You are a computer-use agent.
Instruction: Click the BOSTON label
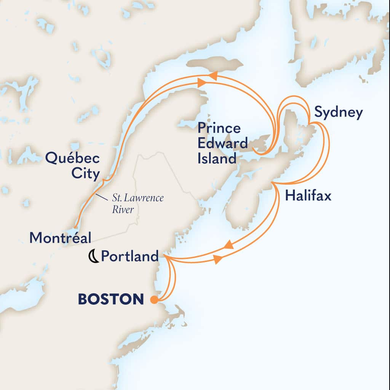[111, 299]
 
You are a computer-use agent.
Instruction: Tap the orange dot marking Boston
[154, 300]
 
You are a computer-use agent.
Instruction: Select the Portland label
[129, 256]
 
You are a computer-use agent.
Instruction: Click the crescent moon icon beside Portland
[93, 257]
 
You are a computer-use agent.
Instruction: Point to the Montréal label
[60, 238]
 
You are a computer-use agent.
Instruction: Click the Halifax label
[308, 197]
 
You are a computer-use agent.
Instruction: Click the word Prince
[219, 128]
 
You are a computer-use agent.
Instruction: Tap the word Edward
[222, 143]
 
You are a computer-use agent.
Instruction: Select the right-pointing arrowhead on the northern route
[201, 82]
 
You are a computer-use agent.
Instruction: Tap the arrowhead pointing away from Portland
[217, 260]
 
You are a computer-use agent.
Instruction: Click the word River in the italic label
[124, 209]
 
